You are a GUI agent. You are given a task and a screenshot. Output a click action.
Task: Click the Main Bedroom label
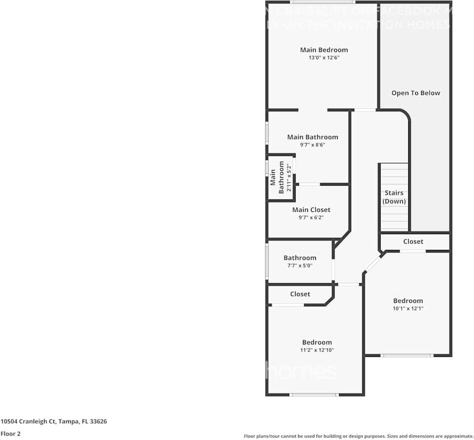coord(324,49)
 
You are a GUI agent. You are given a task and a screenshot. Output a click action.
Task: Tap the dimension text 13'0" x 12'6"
coord(324,57)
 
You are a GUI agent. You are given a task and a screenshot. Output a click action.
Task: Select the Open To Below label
coord(416,93)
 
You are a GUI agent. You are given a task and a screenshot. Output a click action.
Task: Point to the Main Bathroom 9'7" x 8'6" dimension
coord(312,145)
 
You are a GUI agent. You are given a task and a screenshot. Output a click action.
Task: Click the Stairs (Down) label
coord(394,197)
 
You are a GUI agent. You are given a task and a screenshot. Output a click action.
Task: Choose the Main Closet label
coord(311,210)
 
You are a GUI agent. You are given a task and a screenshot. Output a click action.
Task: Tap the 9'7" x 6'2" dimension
coord(311,217)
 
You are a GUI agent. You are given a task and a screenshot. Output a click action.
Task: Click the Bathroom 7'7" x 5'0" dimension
coord(300,266)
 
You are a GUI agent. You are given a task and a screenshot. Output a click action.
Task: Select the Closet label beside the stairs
coord(413,242)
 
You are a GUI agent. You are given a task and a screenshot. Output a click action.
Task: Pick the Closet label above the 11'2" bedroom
coord(300,294)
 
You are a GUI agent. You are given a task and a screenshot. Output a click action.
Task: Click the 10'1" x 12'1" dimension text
coord(408,308)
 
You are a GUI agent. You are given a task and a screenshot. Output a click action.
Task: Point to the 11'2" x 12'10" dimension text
coord(317,350)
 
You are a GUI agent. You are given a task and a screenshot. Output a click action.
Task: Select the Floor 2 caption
coord(10,434)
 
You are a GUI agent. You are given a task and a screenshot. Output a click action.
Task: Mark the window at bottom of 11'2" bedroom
coord(314,394)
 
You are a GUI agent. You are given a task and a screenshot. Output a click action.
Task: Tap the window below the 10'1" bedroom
coord(407,355)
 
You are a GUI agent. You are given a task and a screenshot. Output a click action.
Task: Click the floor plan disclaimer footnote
coord(358,436)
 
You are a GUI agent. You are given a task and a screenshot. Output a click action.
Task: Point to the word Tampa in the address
coord(68,422)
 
